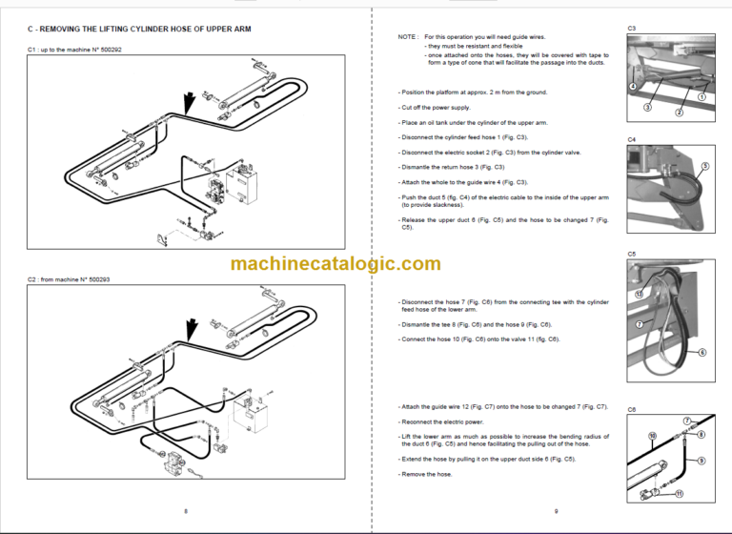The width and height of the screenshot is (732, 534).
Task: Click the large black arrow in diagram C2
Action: tap(193, 329)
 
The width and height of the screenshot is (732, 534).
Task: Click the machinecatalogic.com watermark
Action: tap(335, 264)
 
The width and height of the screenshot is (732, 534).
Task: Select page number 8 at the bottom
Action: tap(185, 511)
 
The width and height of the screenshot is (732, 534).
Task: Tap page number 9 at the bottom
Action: tap(556, 511)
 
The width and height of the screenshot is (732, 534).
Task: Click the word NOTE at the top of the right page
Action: tap(408, 36)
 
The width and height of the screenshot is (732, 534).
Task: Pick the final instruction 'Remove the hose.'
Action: tap(426, 473)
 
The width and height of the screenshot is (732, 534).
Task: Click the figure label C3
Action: tap(632, 29)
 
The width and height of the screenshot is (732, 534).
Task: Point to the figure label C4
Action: tap(632, 139)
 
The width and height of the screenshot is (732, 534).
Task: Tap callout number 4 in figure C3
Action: tap(633, 86)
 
